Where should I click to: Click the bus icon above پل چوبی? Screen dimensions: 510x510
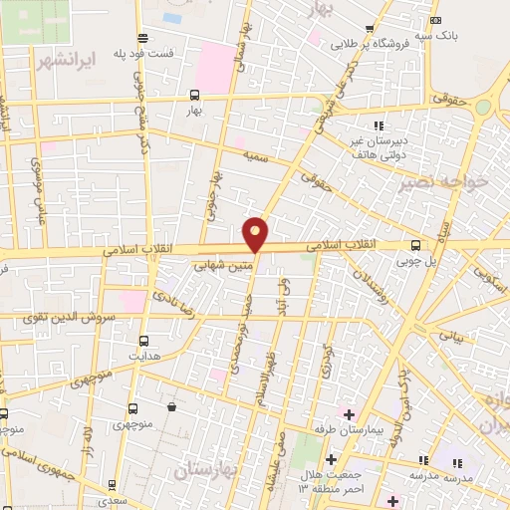coord(415,245)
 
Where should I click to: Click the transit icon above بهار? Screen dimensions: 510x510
coord(193,96)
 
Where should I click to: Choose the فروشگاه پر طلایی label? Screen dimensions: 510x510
coord(371,45)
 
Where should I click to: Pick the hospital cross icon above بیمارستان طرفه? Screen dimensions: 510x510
coord(349,412)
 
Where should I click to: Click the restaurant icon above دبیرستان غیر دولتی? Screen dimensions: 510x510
coord(378,126)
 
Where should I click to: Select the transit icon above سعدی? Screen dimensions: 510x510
coord(113,484)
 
